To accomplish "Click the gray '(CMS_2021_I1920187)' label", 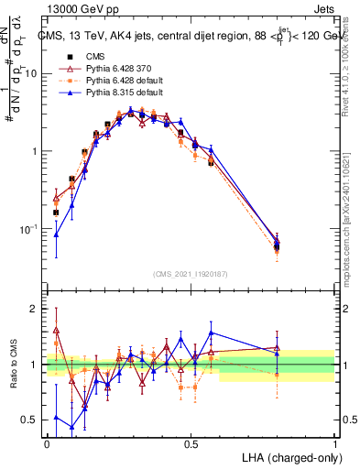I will click(191, 274).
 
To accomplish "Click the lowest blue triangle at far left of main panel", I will click(57, 234).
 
